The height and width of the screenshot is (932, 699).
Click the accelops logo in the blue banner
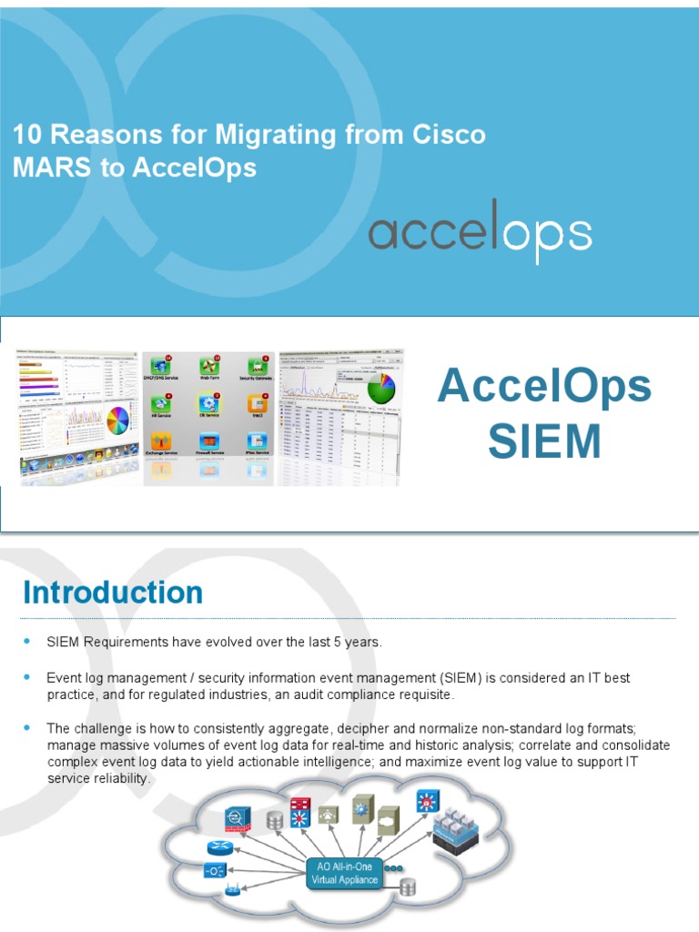[x=480, y=232]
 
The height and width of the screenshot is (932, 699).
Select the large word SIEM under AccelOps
[x=544, y=441]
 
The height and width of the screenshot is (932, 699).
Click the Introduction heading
[x=113, y=593]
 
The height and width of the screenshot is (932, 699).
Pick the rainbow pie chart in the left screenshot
[x=118, y=420]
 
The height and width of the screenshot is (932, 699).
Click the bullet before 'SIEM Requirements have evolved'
[x=27, y=642]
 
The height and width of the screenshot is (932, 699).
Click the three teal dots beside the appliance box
[x=393, y=868]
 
